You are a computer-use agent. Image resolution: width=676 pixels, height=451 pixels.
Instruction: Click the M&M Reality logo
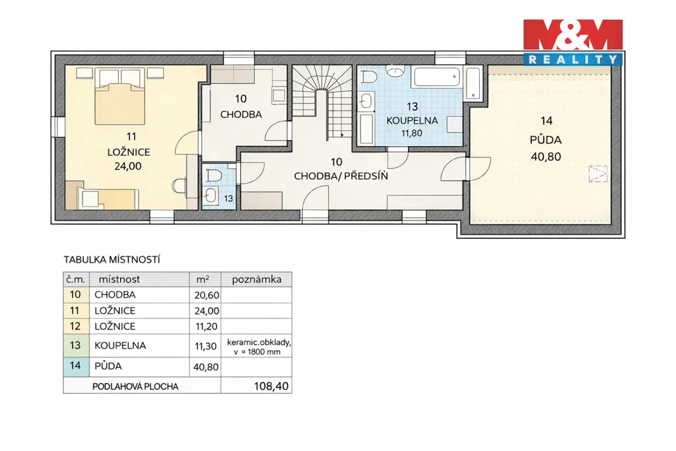[x=573, y=42]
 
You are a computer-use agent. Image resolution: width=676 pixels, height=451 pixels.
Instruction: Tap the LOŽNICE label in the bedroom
[x=129, y=152]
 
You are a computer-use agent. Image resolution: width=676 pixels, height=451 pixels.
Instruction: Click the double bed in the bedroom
[x=118, y=97]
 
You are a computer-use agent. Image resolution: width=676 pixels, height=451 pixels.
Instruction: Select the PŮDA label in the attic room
[x=546, y=140]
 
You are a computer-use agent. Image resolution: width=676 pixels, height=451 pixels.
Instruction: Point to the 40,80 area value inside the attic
[x=546, y=157]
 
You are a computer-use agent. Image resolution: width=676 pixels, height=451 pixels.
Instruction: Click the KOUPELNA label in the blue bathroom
[x=412, y=121]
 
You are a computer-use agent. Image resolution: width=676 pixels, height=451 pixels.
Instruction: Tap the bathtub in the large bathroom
[x=437, y=77]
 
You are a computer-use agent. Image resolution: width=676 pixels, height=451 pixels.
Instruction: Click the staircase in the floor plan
[x=321, y=103]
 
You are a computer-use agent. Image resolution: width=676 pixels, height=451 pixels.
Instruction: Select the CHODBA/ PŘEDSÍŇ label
[x=341, y=176]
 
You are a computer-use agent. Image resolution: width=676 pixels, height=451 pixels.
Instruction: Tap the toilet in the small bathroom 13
[x=213, y=175]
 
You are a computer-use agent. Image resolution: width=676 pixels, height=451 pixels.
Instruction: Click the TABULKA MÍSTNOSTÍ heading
[x=112, y=260]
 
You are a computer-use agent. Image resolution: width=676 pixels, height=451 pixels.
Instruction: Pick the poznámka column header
[x=257, y=279]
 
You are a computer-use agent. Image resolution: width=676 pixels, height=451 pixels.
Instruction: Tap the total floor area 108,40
[x=271, y=386]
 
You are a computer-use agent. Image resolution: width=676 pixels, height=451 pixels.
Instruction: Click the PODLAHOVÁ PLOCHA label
[x=135, y=387]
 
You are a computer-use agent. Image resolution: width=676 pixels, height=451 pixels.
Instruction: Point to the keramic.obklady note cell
[x=257, y=347]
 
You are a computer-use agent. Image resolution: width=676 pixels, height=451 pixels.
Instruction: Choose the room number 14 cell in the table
[x=75, y=366]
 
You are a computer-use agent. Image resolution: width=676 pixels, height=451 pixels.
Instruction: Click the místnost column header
[x=119, y=279]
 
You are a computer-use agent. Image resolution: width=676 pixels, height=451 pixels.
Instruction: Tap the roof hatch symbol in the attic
[x=598, y=174]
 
